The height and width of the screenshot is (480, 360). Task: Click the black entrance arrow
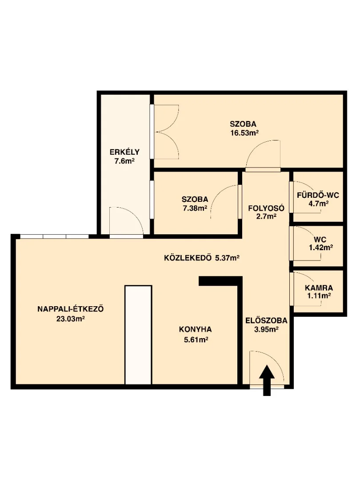click(267, 380)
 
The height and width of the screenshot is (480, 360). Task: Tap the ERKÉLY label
click(124, 152)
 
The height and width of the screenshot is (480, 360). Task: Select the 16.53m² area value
click(244, 133)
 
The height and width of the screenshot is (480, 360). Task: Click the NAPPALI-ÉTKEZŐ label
click(71, 308)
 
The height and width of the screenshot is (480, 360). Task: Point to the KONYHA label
click(195, 329)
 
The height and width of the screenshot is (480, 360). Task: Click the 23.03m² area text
click(70, 319)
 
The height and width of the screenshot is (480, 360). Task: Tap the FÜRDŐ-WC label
click(318, 195)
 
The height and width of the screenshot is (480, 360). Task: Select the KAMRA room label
click(319, 288)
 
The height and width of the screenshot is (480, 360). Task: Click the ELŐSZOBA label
click(266, 320)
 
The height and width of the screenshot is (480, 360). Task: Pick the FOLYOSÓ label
click(266, 208)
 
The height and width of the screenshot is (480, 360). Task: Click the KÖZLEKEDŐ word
click(188, 258)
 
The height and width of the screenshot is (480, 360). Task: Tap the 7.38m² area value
click(195, 208)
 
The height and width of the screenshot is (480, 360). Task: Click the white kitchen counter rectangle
click(138, 335)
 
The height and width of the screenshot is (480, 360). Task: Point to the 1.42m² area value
click(321, 248)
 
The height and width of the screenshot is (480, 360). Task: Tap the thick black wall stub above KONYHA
click(220, 281)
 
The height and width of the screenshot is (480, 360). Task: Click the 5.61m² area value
click(196, 339)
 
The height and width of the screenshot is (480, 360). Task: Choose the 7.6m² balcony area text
click(124, 161)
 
